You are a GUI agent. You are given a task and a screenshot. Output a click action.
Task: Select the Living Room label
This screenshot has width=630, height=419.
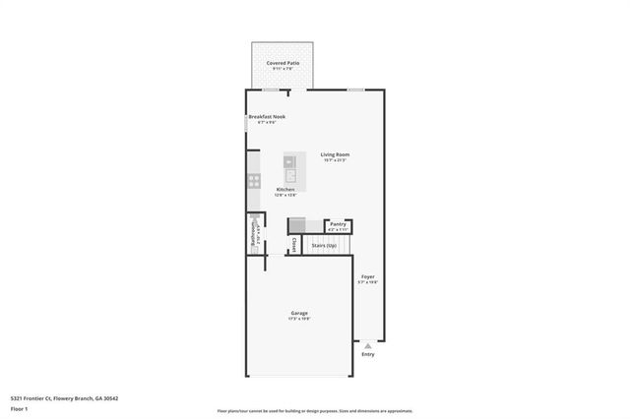pyautogui.click(x=335, y=154)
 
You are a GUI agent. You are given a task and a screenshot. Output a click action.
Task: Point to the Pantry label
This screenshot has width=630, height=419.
pyautogui.click(x=338, y=223)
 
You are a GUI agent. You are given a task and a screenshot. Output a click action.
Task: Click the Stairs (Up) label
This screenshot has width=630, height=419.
pyautogui.click(x=324, y=245)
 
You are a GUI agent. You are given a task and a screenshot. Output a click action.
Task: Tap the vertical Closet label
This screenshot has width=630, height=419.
pyautogui.click(x=293, y=244)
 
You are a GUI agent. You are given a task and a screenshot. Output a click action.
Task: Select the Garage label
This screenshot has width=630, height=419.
pyautogui.click(x=299, y=313)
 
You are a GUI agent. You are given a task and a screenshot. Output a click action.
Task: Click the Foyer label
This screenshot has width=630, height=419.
pyautogui.click(x=367, y=276)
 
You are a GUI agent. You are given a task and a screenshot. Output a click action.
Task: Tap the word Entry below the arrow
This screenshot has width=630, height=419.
pyautogui.click(x=368, y=355)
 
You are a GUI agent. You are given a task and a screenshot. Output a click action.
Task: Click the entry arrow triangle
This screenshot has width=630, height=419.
pyautogui.click(x=368, y=346)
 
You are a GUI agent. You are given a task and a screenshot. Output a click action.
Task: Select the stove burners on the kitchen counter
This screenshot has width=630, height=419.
pyautogui.click(x=253, y=181)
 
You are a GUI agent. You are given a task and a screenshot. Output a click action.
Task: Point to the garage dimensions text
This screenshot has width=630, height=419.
pyautogui.click(x=299, y=319)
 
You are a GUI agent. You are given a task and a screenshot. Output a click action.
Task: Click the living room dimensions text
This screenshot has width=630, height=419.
pyautogui.click(x=335, y=160)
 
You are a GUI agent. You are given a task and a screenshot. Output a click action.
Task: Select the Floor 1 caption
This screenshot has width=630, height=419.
pyautogui.click(x=20, y=407)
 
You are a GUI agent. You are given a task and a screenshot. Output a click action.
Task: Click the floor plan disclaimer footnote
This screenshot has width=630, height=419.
pyautogui.click(x=315, y=411)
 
